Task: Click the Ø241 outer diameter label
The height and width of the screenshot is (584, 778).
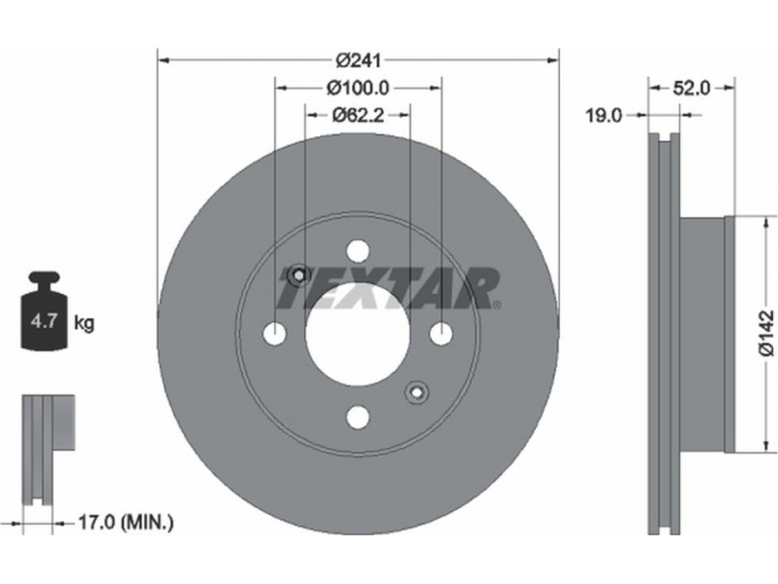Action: (x=358, y=60)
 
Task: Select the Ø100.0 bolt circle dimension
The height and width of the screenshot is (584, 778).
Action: (x=358, y=89)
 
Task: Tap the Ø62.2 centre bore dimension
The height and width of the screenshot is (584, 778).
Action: (x=358, y=115)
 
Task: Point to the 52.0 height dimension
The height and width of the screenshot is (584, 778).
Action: (x=691, y=89)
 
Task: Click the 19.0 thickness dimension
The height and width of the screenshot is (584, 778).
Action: (x=603, y=116)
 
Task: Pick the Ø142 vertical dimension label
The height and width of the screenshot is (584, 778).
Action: (x=766, y=333)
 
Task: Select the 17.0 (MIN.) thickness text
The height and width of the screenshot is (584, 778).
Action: (x=126, y=522)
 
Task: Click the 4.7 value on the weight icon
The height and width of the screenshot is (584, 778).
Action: (x=43, y=321)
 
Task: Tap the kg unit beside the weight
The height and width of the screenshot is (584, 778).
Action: (x=84, y=323)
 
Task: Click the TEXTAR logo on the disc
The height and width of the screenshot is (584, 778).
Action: (x=389, y=288)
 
